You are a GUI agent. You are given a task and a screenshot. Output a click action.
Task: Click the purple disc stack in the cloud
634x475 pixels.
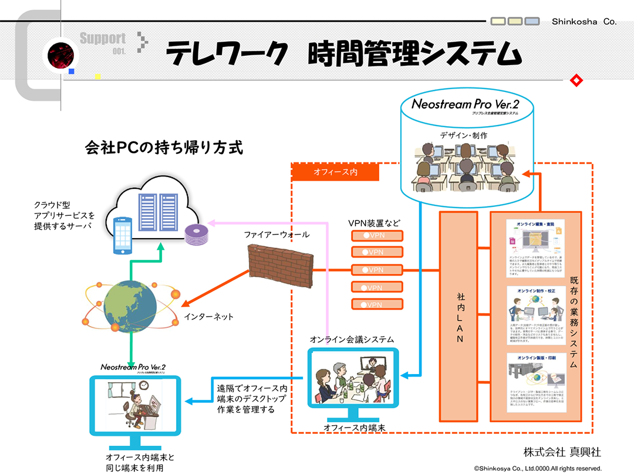pos(194,235)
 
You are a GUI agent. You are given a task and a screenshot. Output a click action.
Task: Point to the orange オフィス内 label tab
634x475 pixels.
pos(335,172)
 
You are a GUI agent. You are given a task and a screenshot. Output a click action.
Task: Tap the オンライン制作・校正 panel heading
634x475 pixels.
pos(535,291)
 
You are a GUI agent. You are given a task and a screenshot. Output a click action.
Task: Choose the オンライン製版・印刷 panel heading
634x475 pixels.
pos(535,358)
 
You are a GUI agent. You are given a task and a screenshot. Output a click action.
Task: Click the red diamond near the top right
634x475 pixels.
pos(576,80)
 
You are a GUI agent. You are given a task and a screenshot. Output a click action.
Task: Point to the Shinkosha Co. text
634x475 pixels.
pos(584,22)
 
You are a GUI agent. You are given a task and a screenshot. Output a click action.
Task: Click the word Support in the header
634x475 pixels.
pos(103,39)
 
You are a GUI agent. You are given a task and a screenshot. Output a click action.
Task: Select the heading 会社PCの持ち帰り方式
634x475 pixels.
pos(164,147)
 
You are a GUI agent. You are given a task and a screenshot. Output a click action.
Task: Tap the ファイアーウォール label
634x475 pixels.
pos(276,235)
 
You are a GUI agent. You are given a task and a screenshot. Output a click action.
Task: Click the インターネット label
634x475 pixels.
pos(208,317)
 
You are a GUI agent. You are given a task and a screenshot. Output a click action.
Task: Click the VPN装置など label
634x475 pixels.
pos(374,223)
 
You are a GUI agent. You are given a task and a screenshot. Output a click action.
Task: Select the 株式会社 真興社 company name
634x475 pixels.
pos(562,452)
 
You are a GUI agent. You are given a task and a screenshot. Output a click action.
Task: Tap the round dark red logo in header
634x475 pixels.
pos(59,55)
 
